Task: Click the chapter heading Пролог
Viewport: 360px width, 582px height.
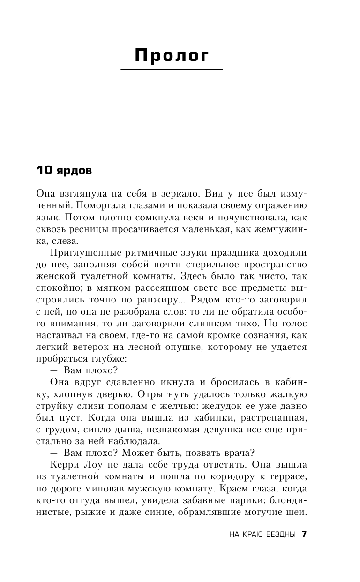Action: coord(172,56)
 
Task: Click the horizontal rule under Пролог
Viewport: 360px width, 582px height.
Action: coord(172,70)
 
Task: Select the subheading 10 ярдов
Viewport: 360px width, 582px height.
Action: coord(64,171)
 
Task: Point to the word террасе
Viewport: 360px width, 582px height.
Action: coord(287,476)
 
